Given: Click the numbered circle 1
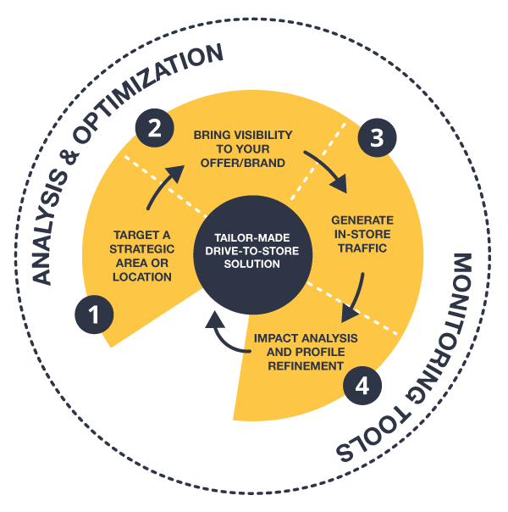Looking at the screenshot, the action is point(94,314).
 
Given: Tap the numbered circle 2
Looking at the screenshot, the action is point(155,128).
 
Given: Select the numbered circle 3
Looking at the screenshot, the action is point(378,137).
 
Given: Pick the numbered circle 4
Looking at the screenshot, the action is point(362,386).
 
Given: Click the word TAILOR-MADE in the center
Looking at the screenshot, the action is point(252,237).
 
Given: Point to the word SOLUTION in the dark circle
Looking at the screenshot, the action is point(252,264).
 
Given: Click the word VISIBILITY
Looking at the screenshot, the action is point(262,135).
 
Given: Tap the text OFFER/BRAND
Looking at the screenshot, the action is point(243,163).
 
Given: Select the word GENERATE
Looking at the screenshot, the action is point(362,220).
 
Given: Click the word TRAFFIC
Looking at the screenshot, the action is point(362,248).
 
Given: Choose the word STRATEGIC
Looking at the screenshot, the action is point(142,249).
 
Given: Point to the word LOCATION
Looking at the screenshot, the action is point(142,277).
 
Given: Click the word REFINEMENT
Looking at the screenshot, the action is point(306,366).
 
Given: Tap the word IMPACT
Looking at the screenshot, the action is point(275,338).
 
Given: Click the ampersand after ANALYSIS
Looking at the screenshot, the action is point(68,159).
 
